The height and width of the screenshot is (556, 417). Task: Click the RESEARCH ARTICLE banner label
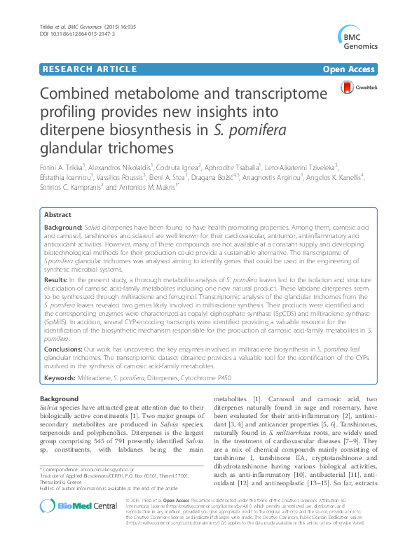[x=88, y=69]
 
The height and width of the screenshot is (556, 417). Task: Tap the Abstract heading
[x=57, y=215]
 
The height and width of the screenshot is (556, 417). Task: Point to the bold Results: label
[x=59, y=279]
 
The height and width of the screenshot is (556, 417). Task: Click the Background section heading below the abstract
[x=60, y=398]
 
